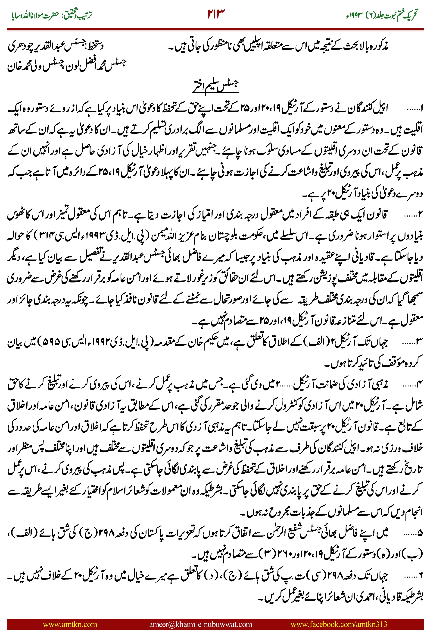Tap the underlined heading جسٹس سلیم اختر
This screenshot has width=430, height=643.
click(215, 86)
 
